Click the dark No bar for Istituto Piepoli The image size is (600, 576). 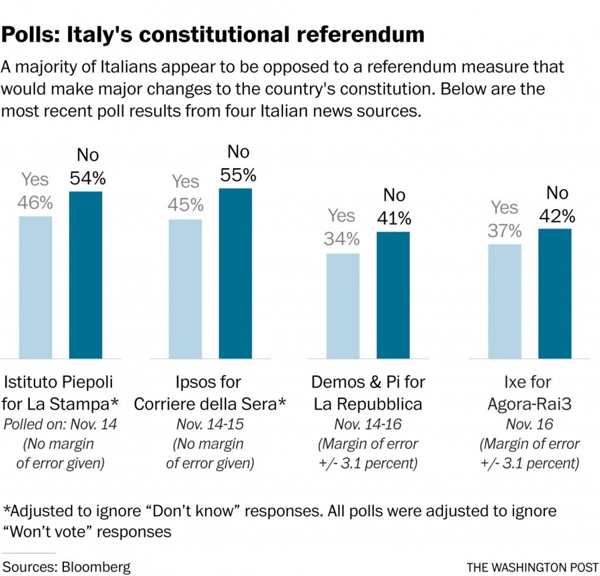pyautogui.click(x=86, y=275)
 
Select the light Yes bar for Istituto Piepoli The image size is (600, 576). pyautogui.click(x=36, y=287)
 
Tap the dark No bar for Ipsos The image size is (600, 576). pyautogui.click(x=235, y=273)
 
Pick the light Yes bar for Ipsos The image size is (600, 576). pyautogui.click(x=185, y=289)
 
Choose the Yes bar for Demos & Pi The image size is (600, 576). pyautogui.click(x=343, y=306)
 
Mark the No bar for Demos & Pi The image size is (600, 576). pyautogui.click(x=393, y=295)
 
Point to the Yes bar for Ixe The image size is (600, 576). pyautogui.click(x=505, y=301)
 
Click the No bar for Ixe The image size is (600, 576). pyautogui.click(x=555, y=294)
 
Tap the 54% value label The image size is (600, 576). pyautogui.click(x=88, y=178)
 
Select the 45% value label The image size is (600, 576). pyautogui.click(x=186, y=205)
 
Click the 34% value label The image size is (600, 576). pyautogui.click(x=342, y=239)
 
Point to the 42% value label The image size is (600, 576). pyautogui.click(x=557, y=216)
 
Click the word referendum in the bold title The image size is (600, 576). pyautogui.click(x=361, y=34)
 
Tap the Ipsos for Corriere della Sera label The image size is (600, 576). pyautogui.click(x=209, y=393)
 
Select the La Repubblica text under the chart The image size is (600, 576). pyautogui.click(x=368, y=404)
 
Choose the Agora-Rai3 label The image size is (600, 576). pyautogui.click(x=530, y=404)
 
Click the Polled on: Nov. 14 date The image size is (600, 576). pyautogui.click(x=60, y=424)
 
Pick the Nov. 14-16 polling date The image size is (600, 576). pyautogui.click(x=368, y=424)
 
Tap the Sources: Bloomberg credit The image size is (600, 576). pyautogui.click(x=67, y=567)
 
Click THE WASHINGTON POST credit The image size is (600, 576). pyautogui.click(x=532, y=568)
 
